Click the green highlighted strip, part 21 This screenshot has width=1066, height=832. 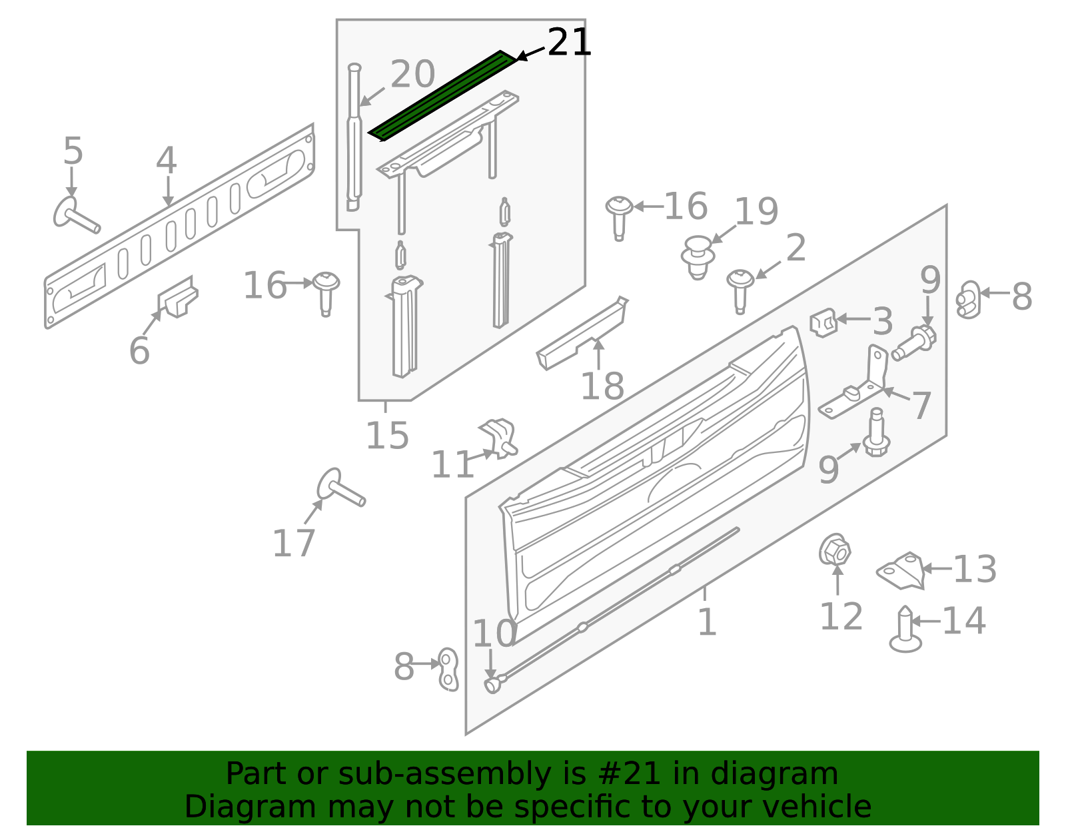(442, 96)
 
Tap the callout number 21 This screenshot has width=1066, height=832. (569, 43)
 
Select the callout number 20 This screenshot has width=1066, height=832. (412, 75)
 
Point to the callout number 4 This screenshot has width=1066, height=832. (167, 161)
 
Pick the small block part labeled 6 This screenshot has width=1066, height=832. (178, 297)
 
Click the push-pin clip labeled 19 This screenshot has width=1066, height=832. (698, 257)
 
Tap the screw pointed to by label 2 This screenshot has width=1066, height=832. (740, 291)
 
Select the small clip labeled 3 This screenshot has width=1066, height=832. (823, 322)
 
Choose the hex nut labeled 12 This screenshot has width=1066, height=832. (834, 550)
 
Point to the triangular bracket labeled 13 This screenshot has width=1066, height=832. (901, 571)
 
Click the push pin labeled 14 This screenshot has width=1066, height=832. (905, 629)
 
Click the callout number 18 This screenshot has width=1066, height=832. (602, 386)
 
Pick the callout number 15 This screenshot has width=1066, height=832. (388, 436)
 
